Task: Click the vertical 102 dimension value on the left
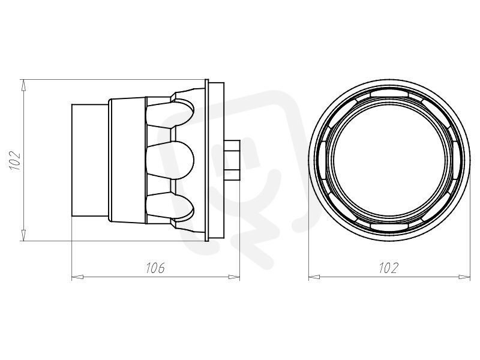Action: [x=15, y=160]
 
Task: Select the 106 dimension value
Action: [x=155, y=268]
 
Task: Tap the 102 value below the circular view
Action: [x=389, y=268]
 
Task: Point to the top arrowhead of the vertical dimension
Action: [x=23, y=85]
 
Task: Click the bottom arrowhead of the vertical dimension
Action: [x=23, y=235]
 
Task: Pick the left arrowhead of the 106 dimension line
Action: [x=77, y=277]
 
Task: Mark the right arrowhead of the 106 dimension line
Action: [x=234, y=277]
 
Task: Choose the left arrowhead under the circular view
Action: [x=314, y=277]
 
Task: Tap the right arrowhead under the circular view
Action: [x=464, y=277]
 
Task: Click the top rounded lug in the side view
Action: [x=170, y=115]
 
